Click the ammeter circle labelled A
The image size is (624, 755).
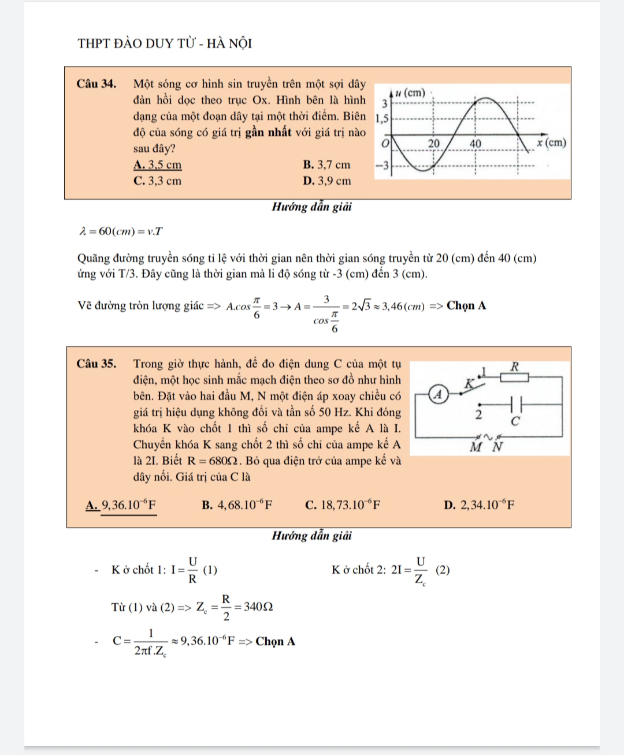coord(438,395)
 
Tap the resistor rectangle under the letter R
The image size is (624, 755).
coord(514,377)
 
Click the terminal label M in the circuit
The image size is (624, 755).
coord(476,447)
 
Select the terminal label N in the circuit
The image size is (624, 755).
coord(497,447)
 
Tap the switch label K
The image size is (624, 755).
coord(470,383)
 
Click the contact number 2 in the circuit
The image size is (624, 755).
coord(478,414)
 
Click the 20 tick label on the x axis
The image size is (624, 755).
coord(434,143)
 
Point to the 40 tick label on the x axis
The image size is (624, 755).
coord(475,143)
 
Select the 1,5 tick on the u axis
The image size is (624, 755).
coord(382,119)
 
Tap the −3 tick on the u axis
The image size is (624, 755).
coord(381,166)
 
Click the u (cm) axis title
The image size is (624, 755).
coord(410,93)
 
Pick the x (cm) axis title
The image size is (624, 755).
coord(551,143)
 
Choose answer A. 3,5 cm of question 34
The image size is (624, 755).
coord(157,165)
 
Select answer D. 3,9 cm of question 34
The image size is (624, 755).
coord(326,181)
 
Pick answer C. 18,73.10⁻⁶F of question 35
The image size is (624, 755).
coord(343,506)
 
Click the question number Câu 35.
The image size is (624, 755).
coord(96,364)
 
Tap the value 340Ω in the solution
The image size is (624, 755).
coord(258,607)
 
